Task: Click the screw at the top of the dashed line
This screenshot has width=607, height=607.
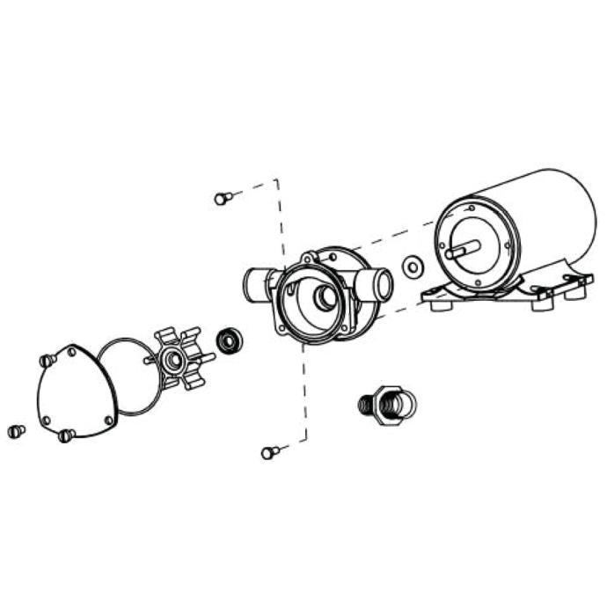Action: [221, 198]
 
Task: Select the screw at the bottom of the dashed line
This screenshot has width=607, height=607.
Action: [270, 452]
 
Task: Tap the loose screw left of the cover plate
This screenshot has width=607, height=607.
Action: [14, 430]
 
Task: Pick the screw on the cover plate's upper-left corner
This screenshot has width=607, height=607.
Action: [47, 362]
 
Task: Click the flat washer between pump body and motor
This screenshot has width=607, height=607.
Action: [409, 266]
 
